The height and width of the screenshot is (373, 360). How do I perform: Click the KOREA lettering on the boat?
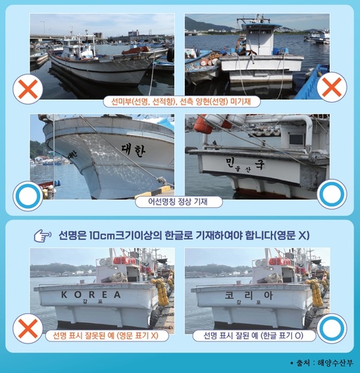click(91, 294)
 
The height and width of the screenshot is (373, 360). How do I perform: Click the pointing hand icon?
click(44, 236)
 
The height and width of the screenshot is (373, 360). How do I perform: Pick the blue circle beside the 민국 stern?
click(331, 195)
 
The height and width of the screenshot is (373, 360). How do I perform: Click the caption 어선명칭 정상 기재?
click(179, 202)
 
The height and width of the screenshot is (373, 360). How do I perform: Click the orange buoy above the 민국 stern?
click(203, 126)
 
